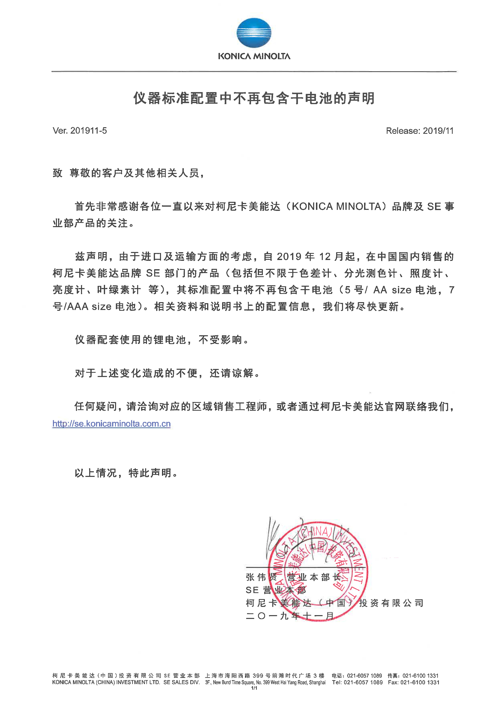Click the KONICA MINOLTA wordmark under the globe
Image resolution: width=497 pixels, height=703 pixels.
pos(254,56)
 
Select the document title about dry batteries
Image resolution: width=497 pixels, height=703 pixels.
pos(254,98)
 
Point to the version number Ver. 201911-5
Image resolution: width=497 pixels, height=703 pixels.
pos(80,131)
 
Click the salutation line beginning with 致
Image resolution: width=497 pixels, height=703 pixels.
pos(129,173)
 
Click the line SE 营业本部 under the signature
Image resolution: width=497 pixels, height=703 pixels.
pos(275,590)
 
